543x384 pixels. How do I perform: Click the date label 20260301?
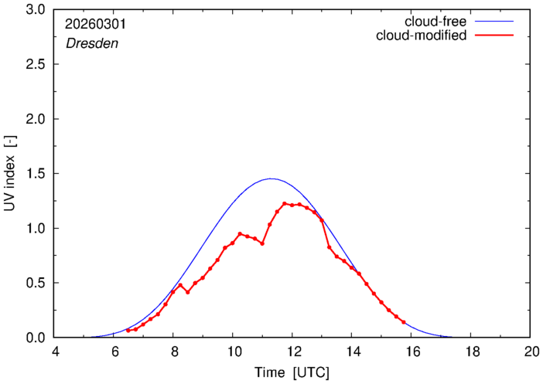[95, 24]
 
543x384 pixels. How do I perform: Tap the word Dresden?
[91, 43]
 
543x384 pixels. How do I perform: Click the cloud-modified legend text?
[421, 36]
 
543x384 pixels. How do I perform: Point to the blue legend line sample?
[495, 22]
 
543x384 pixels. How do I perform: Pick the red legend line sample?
[495, 36]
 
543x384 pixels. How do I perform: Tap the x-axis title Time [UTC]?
[292, 372]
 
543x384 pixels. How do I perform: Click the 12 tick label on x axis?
[292, 351]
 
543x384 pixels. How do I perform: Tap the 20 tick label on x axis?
[531, 351]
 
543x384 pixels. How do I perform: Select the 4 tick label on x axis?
[55, 351]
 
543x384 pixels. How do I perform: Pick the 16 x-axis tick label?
[412, 351]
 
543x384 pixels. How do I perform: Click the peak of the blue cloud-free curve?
[271, 178]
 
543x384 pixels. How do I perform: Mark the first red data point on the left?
[128, 331]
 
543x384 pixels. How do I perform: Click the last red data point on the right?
[404, 322]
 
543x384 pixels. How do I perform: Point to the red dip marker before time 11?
[263, 243]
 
